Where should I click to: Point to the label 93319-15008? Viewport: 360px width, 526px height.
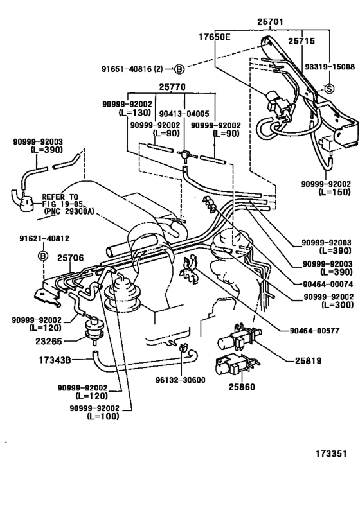coord(329,66)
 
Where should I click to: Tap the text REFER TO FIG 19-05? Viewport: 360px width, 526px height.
coord(61,201)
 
